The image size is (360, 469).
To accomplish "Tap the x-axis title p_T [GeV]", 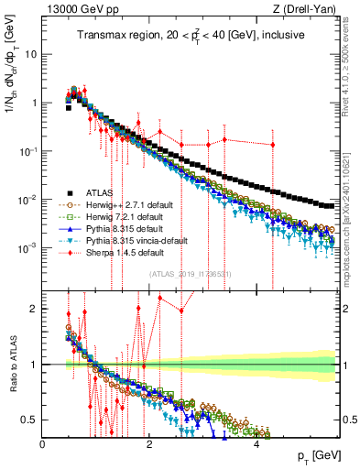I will click(x=320, y=455).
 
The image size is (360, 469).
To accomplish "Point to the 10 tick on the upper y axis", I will click(x=29, y=54).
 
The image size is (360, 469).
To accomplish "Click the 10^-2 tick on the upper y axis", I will click(x=27, y=200).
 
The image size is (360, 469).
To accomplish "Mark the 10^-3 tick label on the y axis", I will click(x=27, y=248).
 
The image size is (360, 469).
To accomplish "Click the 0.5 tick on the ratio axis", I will click(x=29, y=420).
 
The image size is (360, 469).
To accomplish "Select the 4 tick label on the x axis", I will click(x=256, y=444).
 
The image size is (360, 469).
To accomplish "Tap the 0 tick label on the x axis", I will click(x=43, y=444).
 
